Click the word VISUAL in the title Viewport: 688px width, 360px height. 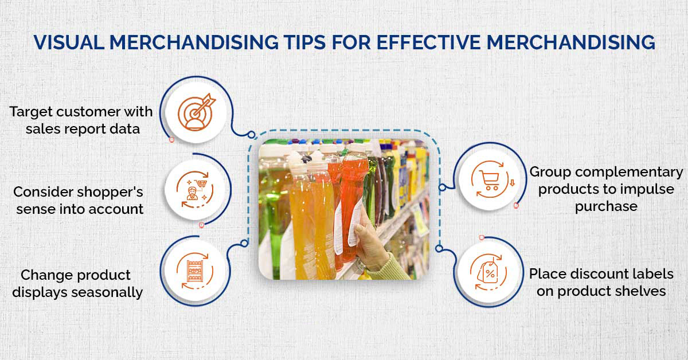69,42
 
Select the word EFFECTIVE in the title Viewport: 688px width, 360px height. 428,42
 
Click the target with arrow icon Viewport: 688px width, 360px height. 197,112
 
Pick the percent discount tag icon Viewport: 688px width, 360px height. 488,272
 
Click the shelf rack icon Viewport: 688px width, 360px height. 194,271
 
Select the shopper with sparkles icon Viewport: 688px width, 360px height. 195,190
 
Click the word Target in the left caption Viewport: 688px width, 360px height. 31,112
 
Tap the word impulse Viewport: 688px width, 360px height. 643,190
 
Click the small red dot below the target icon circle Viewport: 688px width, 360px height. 171,140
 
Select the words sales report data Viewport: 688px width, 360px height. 83,129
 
